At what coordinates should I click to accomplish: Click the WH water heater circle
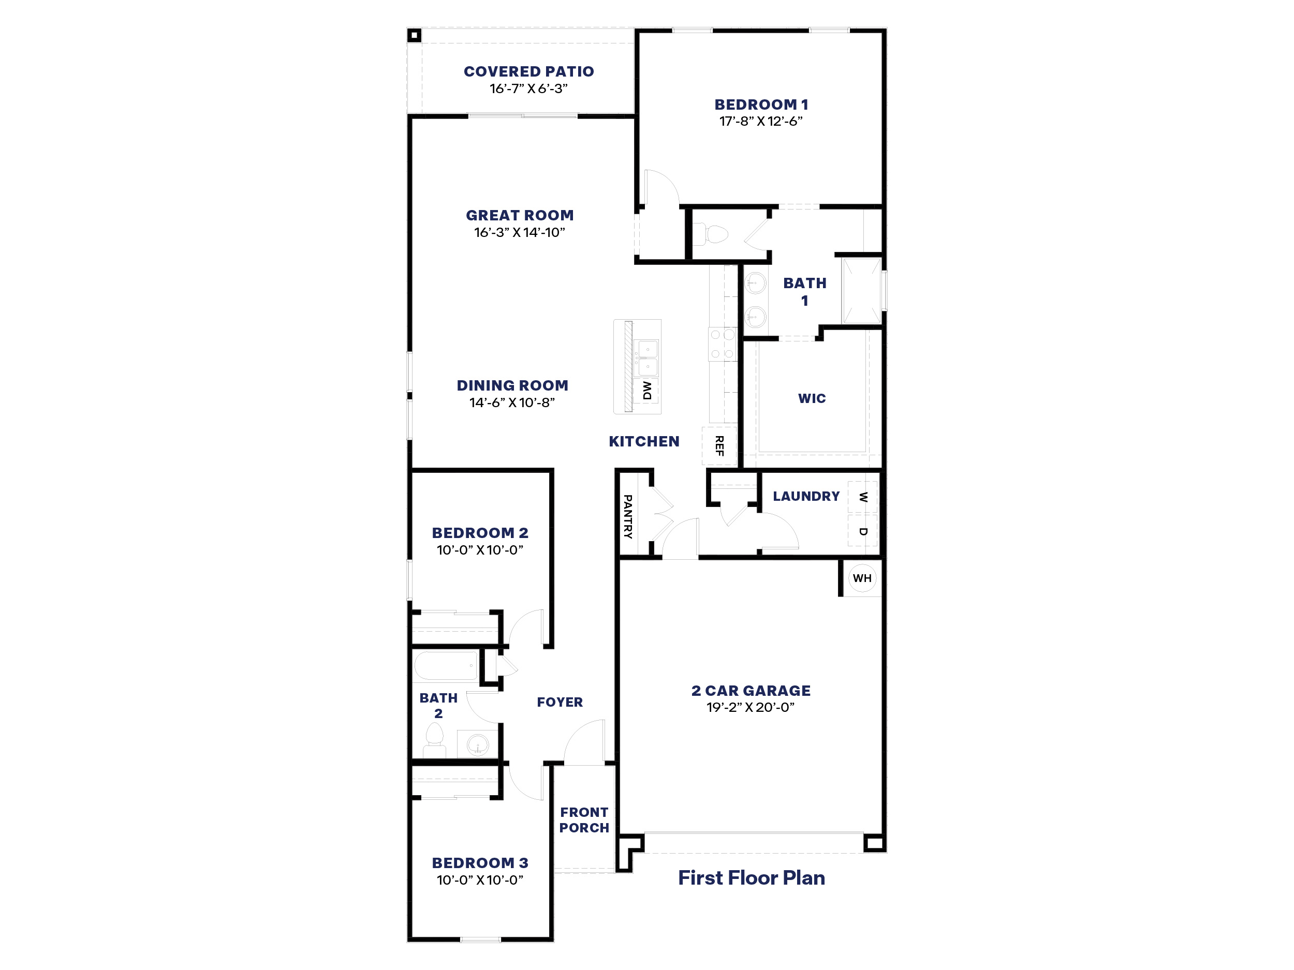(862, 578)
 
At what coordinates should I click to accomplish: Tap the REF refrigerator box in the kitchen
(719, 445)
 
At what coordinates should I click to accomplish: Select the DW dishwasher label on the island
(646, 391)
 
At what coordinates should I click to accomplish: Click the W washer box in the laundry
(862, 498)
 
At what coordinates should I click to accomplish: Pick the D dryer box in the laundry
(862, 530)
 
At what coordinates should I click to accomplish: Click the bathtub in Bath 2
(446, 665)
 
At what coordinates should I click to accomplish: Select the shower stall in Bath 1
(861, 291)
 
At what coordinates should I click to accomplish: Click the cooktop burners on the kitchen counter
(722, 345)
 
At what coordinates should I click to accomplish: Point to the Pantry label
(628, 516)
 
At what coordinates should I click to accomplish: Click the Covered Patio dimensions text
(528, 89)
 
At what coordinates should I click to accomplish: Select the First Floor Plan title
(751, 877)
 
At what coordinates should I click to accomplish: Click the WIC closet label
(812, 398)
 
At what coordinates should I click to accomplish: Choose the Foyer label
(560, 702)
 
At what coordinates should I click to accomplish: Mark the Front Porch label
(584, 820)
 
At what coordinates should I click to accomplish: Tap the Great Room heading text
(520, 215)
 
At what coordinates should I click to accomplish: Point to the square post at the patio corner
(414, 36)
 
